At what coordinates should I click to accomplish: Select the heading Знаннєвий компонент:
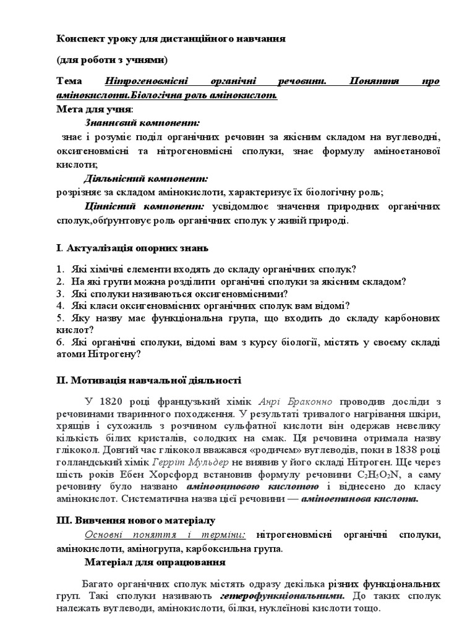coord(142,123)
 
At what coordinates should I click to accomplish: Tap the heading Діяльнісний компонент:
coord(147,178)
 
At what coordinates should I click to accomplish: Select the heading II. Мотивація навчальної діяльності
coord(148,380)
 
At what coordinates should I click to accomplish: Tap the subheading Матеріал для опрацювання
coord(155,562)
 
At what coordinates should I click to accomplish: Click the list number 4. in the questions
coord(60,305)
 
